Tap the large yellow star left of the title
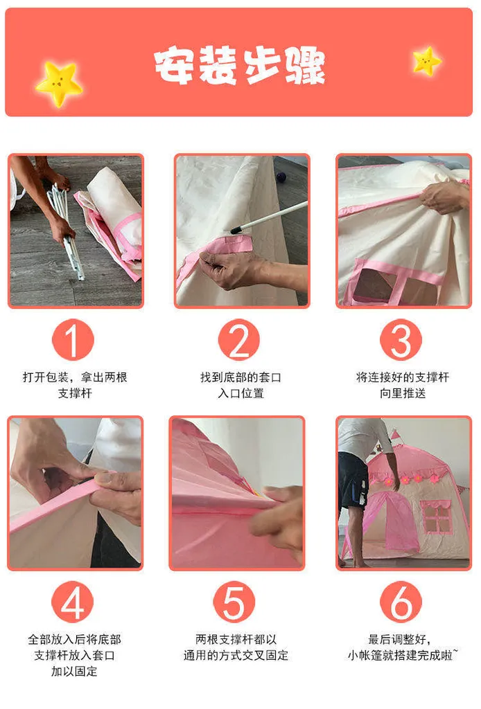tap(59, 84)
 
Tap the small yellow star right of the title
tap(427, 62)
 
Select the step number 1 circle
tap(73, 341)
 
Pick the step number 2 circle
tap(239, 341)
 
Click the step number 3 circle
tap(401, 341)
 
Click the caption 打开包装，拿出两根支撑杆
tap(74, 385)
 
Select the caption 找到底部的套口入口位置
tap(240, 385)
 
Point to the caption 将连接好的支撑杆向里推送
tap(403, 385)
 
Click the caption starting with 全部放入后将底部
tap(74, 655)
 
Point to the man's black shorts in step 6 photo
tap(353, 485)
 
